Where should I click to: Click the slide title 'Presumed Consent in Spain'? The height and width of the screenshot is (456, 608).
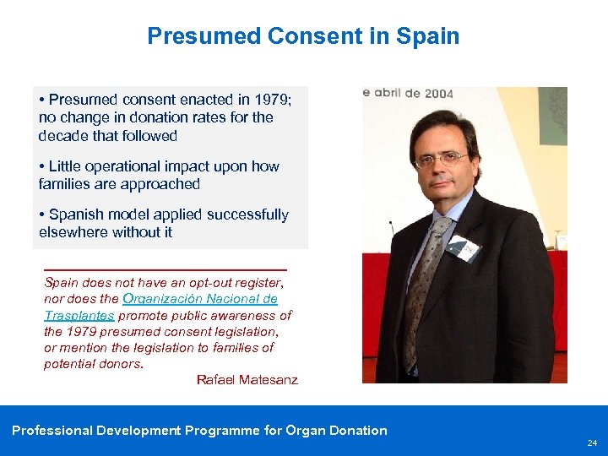click(x=303, y=36)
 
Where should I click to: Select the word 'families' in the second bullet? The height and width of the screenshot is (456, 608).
click(x=68, y=184)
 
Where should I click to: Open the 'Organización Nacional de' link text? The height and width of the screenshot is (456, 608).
click(x=199, y=299)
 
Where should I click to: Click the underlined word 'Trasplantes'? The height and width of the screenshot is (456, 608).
click(x=79, y=315)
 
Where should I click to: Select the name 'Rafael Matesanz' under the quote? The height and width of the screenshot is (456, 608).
click(x=247, y=380)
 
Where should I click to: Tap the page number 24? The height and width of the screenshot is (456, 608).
click(x=591, y=442)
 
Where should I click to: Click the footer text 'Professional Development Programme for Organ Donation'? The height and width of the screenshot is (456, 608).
click(x=199, y=431)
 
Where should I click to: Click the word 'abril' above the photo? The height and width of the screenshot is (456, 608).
click(x=394, y=94)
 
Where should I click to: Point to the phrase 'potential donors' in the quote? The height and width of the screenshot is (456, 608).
click(x=92, y=364)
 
